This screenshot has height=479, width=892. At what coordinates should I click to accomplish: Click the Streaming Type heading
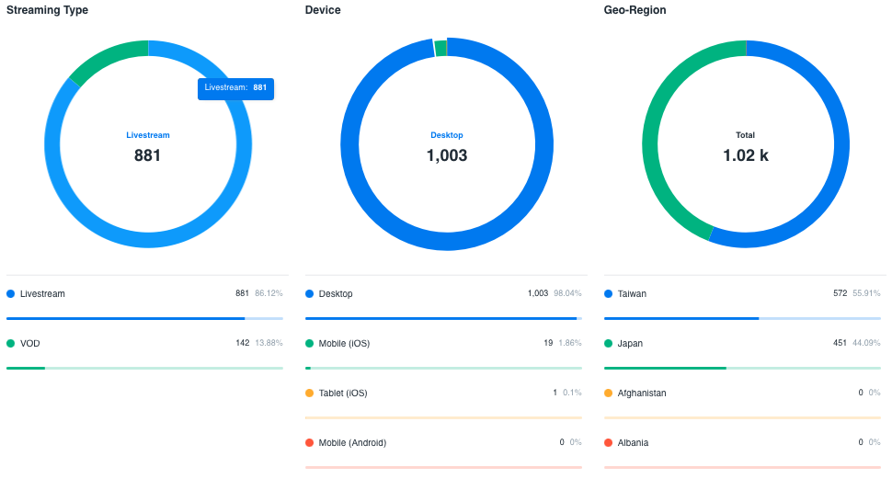[49, 10]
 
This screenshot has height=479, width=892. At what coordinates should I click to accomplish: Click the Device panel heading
[323, 10]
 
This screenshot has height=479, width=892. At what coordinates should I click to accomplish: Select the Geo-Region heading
[635, 10]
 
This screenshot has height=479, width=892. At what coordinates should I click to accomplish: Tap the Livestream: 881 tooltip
[235, 88]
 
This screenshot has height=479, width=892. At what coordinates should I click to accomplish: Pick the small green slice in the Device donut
[440, 48]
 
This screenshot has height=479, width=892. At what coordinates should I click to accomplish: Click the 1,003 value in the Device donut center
[447, 155]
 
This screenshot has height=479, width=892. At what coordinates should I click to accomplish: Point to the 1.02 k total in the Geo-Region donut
[746, 155]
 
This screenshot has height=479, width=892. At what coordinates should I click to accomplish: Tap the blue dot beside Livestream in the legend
[11, 294]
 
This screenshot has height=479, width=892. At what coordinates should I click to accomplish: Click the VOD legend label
[30, 344]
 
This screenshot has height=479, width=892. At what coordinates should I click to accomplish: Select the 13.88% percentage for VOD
[269, 344]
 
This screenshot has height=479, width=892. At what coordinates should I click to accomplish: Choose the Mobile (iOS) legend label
[345, 344]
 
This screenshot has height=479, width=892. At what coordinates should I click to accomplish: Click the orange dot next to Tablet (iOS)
[310, 393]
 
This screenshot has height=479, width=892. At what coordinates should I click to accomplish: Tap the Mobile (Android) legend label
[352, 443]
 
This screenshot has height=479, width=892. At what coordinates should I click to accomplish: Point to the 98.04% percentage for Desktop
[567, 294]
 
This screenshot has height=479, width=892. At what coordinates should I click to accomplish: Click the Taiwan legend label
[632, 294]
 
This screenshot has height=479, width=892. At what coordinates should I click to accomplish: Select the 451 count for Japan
[840, 344]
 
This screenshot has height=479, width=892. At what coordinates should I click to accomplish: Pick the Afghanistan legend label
[642, 393]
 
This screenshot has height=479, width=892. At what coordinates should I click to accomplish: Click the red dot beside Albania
[609, 443]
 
